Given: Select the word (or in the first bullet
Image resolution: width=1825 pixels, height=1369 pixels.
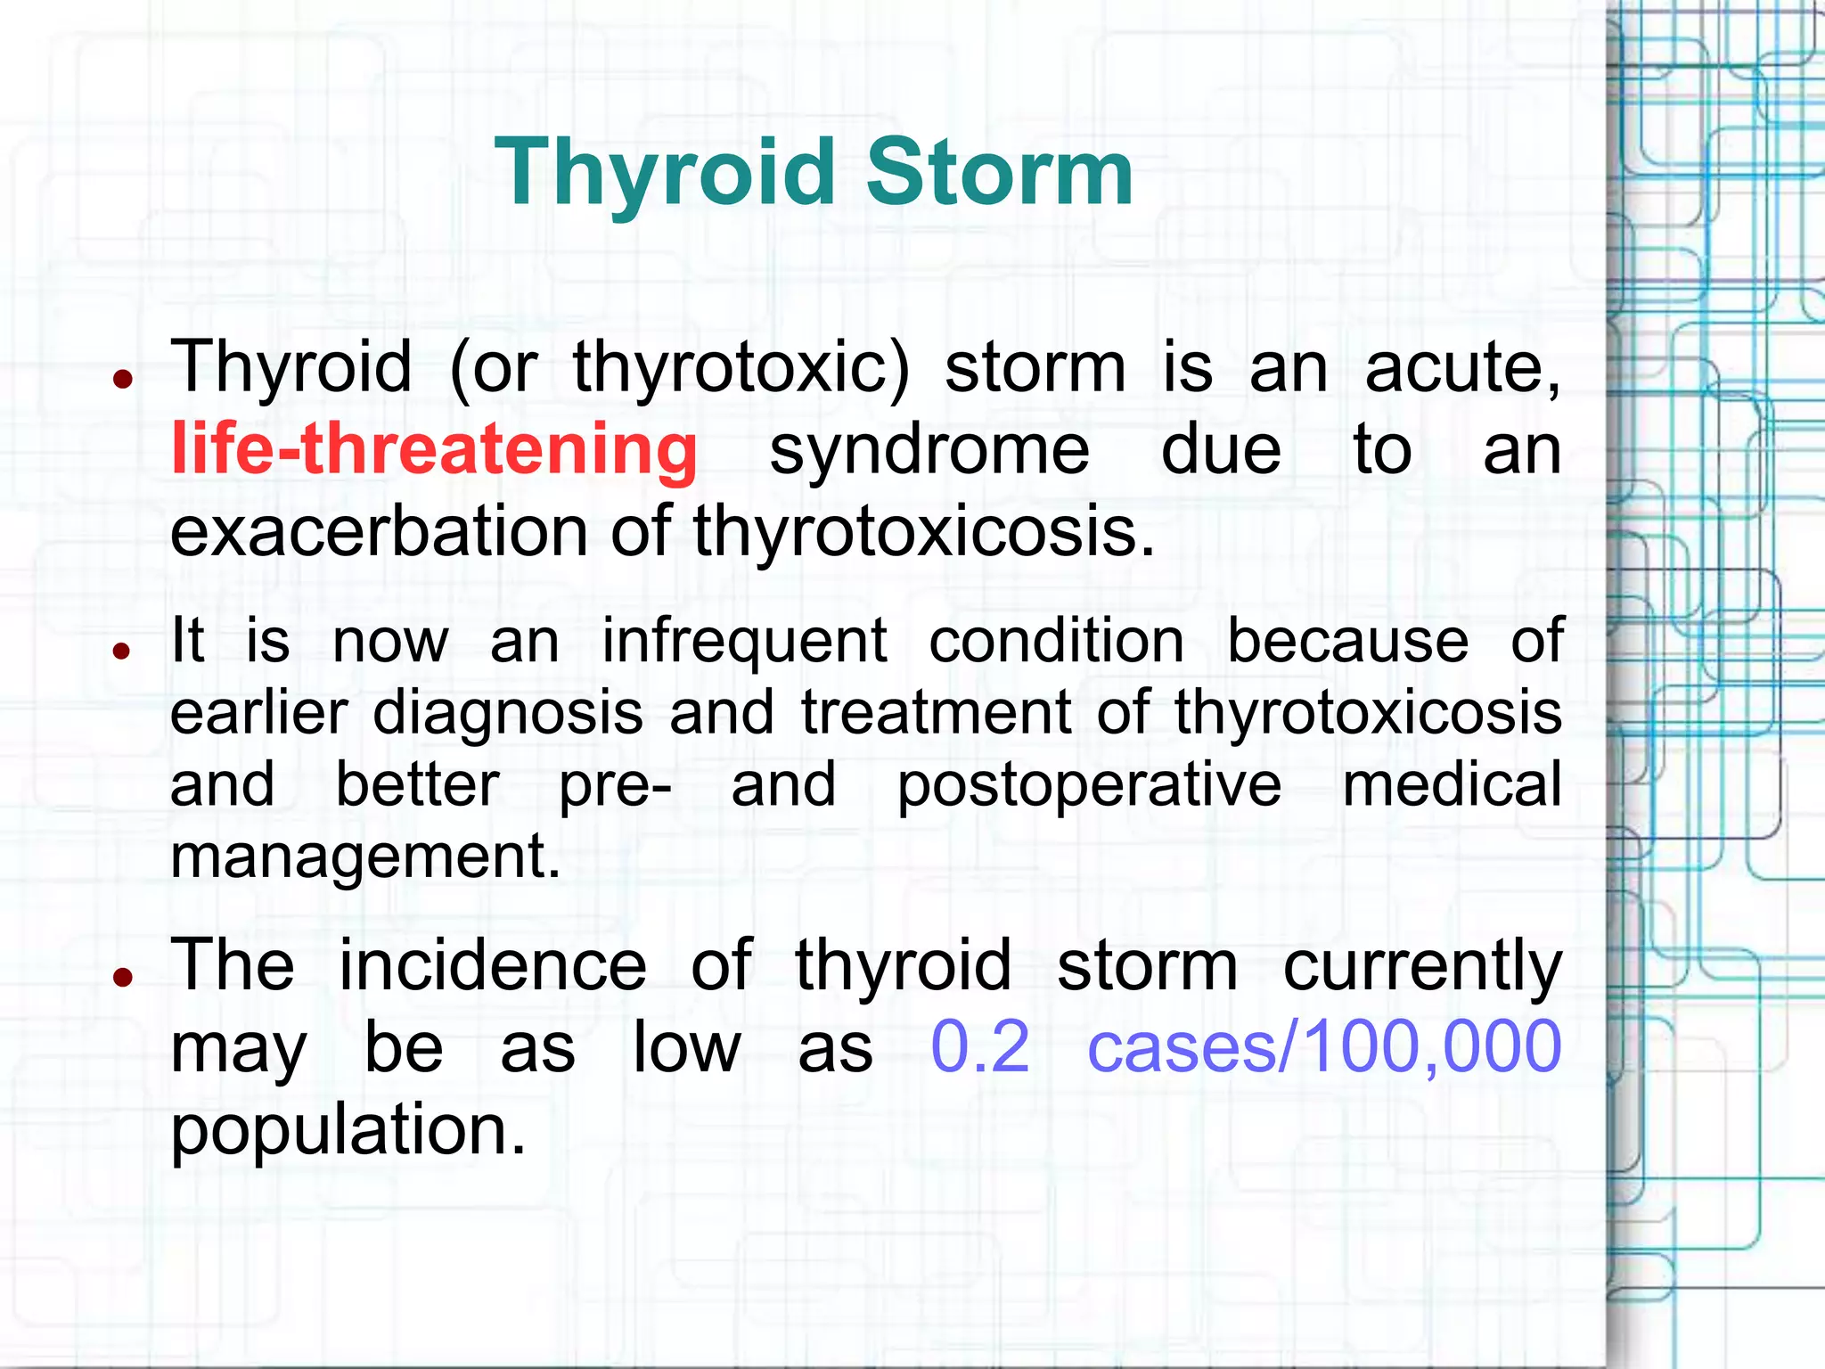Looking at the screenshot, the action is pos(494,367).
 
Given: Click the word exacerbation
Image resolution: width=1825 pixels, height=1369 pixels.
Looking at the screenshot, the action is pos(379,531).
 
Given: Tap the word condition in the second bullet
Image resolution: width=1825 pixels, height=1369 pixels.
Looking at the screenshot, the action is pos(1057,641).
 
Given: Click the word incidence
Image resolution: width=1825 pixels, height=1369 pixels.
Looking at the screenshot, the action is pos(493,965).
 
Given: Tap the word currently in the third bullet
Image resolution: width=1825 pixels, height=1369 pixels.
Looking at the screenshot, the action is pos(1422,970).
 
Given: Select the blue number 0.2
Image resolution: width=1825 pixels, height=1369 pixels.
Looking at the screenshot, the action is pos(979,1048).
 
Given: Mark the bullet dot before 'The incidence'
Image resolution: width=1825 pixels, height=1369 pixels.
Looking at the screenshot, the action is pos(123,977).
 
